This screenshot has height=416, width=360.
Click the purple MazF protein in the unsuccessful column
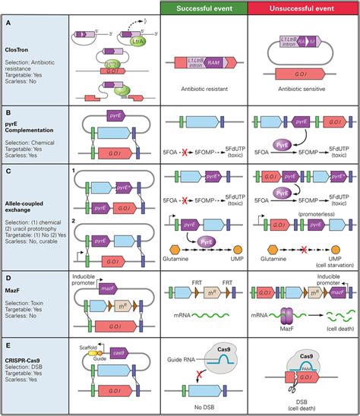point(290,318)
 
